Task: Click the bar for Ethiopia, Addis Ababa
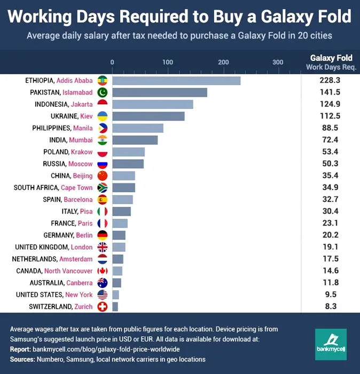coord(176,81)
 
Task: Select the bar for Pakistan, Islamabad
coord(160,92)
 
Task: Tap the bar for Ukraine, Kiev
coord(148,116)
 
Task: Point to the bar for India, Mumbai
coord(135,140)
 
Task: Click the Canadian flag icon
coord(103,271)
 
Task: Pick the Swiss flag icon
coord(103,307)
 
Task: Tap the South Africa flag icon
coord(103,188)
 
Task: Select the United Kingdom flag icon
coord(103,247)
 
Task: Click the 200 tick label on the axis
coord(223,63)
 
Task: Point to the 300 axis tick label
coord(278,63)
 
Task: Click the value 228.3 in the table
coord(330,81)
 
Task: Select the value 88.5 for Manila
coord(330,128)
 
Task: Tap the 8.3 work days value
coord(330,307)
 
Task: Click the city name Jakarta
coord(81,104)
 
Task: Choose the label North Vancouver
coord(68,271)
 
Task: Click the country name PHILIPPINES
coord(51,128)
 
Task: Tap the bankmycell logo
coord(331,344)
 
